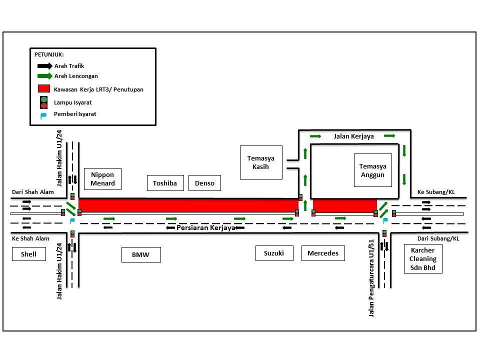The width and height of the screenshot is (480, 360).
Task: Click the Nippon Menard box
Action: [102, 179]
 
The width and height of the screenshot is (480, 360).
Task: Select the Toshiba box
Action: [165, 183]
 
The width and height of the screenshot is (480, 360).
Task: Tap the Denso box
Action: [204, 183]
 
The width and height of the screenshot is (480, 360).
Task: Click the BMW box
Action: [141, 255]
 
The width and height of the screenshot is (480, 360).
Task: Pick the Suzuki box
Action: [273, 253]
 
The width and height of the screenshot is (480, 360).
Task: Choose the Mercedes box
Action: [323, 253]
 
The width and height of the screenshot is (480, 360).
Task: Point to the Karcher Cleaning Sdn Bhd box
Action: [422, 259]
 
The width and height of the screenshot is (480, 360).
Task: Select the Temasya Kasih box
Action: [261, 162]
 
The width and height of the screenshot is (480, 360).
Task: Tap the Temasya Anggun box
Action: [372, 170]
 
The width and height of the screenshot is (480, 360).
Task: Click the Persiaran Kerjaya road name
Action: [206, 227]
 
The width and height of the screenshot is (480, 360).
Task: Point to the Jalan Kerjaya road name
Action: [354, 136]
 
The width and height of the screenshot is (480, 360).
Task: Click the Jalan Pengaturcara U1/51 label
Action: [371, 277]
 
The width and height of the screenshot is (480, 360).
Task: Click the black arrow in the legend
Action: [44, 65]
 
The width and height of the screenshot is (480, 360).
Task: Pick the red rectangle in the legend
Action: [44, 89]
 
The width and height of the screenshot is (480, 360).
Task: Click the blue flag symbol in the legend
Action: [43, 115]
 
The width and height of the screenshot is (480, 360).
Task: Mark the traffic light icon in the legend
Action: [44, 102]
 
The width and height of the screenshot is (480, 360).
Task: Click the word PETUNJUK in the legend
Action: [48, 54]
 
